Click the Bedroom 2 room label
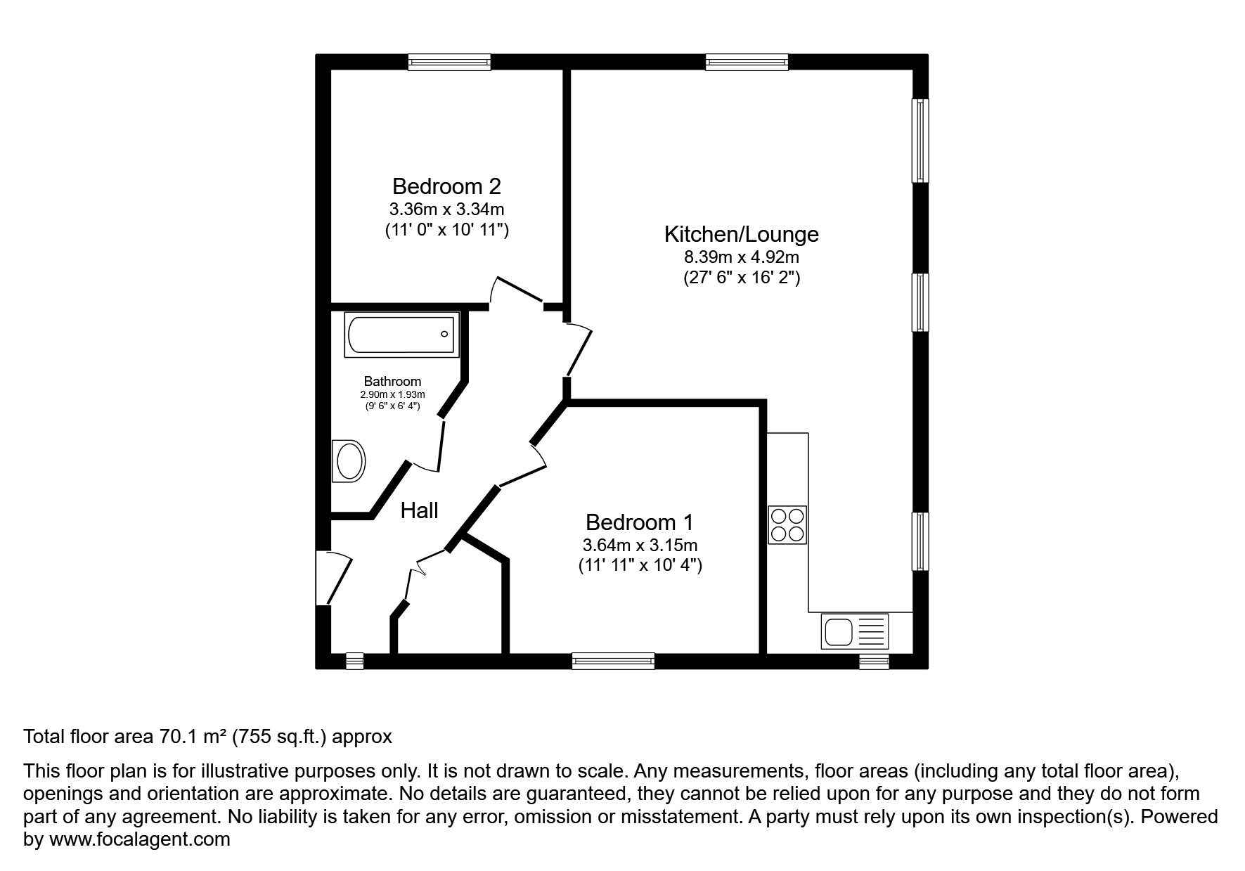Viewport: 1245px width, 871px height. [x=446, y=186]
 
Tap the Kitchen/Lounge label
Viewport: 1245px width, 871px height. [x=742, y=233]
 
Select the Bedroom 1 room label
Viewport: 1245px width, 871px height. [x=639, y=522]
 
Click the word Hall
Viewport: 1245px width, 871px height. [x=419, y=510]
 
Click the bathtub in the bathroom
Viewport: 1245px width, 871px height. [x=402, y=335]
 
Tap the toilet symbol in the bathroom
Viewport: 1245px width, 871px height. [x=349, y=461]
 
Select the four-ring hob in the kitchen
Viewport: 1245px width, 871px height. [x=787, y=524]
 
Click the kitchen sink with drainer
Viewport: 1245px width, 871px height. [x=854, y=631]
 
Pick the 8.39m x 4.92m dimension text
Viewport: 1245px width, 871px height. [x=742, y=257]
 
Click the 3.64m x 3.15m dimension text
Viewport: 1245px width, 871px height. [x=640, y=545]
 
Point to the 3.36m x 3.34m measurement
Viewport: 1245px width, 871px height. [x=446, y=209]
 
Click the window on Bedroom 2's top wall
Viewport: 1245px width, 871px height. [x=449, y=63]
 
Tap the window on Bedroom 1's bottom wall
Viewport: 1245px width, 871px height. [x=613, y=661]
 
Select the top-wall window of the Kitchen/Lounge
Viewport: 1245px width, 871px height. [x=747, y=63]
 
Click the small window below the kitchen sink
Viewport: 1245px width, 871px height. [x=874, y=662]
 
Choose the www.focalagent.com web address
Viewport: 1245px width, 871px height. [x=139, y=839]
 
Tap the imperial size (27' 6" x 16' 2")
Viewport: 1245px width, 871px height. [x=742, y=278]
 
